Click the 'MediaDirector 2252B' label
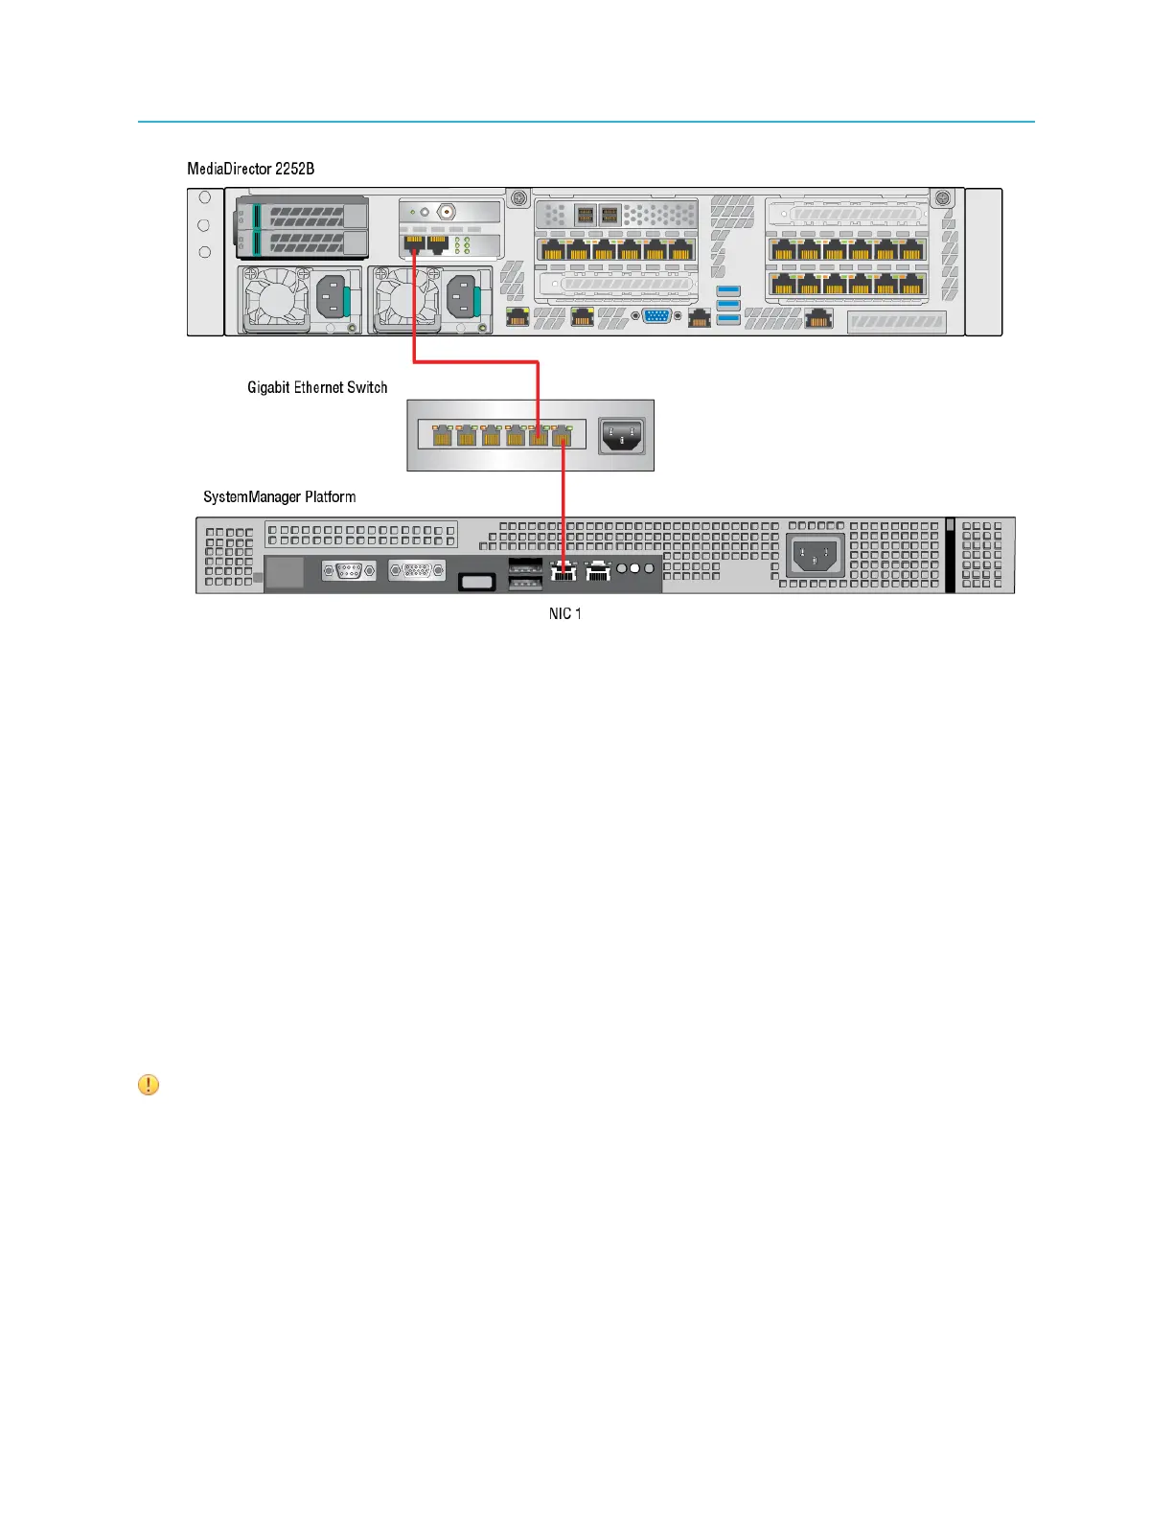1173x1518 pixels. point(250,169)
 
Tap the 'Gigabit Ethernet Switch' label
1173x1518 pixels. point(317,387)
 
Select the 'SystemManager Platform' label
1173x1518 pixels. point(279,496)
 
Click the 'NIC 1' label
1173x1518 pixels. point(564,613)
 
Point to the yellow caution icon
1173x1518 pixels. point(149,1085)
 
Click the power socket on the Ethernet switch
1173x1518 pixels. point(621,436)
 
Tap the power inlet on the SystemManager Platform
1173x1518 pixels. point(814,555)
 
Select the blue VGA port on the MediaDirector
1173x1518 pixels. point(656,316)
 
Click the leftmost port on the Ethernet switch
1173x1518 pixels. point(442,436)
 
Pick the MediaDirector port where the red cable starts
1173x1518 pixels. point(414,244)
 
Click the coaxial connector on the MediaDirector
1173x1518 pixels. point(447,212)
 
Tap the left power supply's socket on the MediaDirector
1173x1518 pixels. point(330,298)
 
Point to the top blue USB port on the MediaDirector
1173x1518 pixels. point(728,290)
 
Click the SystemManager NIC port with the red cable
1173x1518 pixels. point(563,570)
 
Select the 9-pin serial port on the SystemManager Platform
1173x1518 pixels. point(348,571)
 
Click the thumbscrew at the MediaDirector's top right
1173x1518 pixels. point(942,198)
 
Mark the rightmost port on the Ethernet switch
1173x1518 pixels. point(563,436)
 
